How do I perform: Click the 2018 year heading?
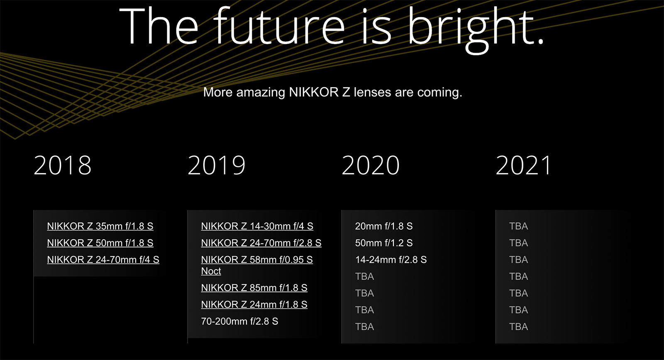pos(62,165)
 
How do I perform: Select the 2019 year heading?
pos(216,165)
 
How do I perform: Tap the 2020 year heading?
pos(370,165)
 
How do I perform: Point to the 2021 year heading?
pos(523,165)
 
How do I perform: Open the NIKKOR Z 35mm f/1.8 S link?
pos(100,226)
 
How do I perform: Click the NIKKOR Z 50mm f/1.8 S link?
pos(100,243)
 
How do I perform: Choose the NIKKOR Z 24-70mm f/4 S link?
pos(103,260)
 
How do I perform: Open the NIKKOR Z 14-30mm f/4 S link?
pos(257,226)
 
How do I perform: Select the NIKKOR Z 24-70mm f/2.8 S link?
pos(261,243)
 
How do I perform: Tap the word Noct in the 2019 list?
pos(211,271)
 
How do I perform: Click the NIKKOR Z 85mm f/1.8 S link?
pos(254,288)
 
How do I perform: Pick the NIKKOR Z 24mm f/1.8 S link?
pos(254,305)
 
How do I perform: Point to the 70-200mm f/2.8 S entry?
pos(239,321)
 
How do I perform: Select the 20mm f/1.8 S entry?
pos(384,226)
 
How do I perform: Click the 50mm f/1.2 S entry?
pos(384,243)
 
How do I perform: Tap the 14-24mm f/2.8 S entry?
pos(391,260)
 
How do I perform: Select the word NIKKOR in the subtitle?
pos(313,92)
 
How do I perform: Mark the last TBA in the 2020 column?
pos(364,327)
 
